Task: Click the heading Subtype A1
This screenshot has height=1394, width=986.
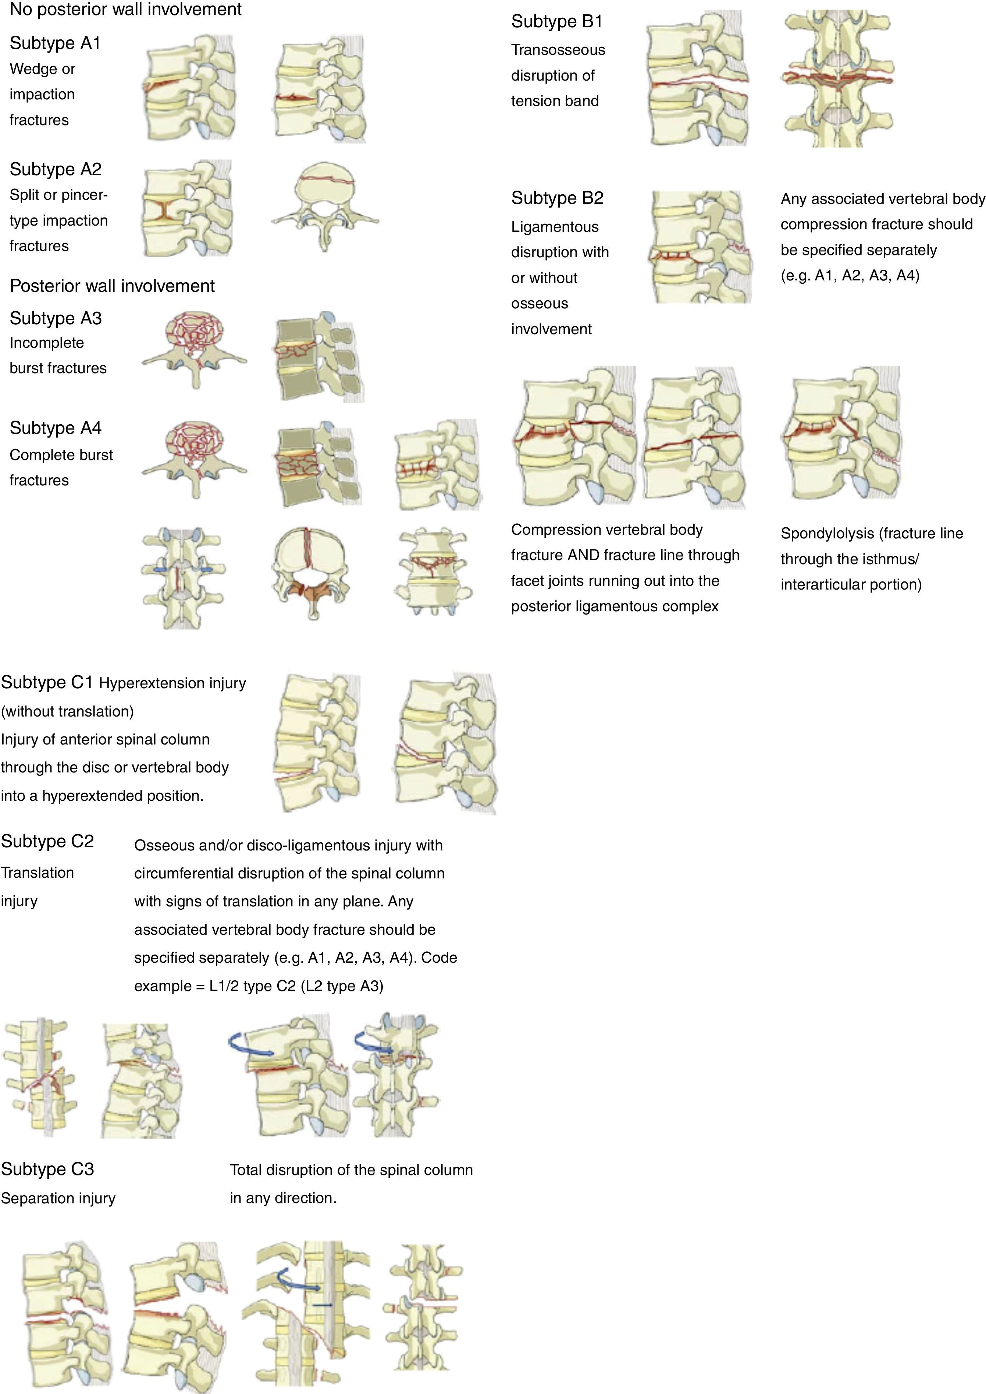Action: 55,43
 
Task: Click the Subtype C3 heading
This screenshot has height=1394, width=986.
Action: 47,1169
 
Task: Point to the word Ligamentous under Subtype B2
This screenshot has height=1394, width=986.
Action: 554,227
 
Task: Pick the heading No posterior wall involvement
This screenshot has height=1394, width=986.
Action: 126,10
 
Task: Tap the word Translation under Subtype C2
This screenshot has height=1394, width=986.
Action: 37,873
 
